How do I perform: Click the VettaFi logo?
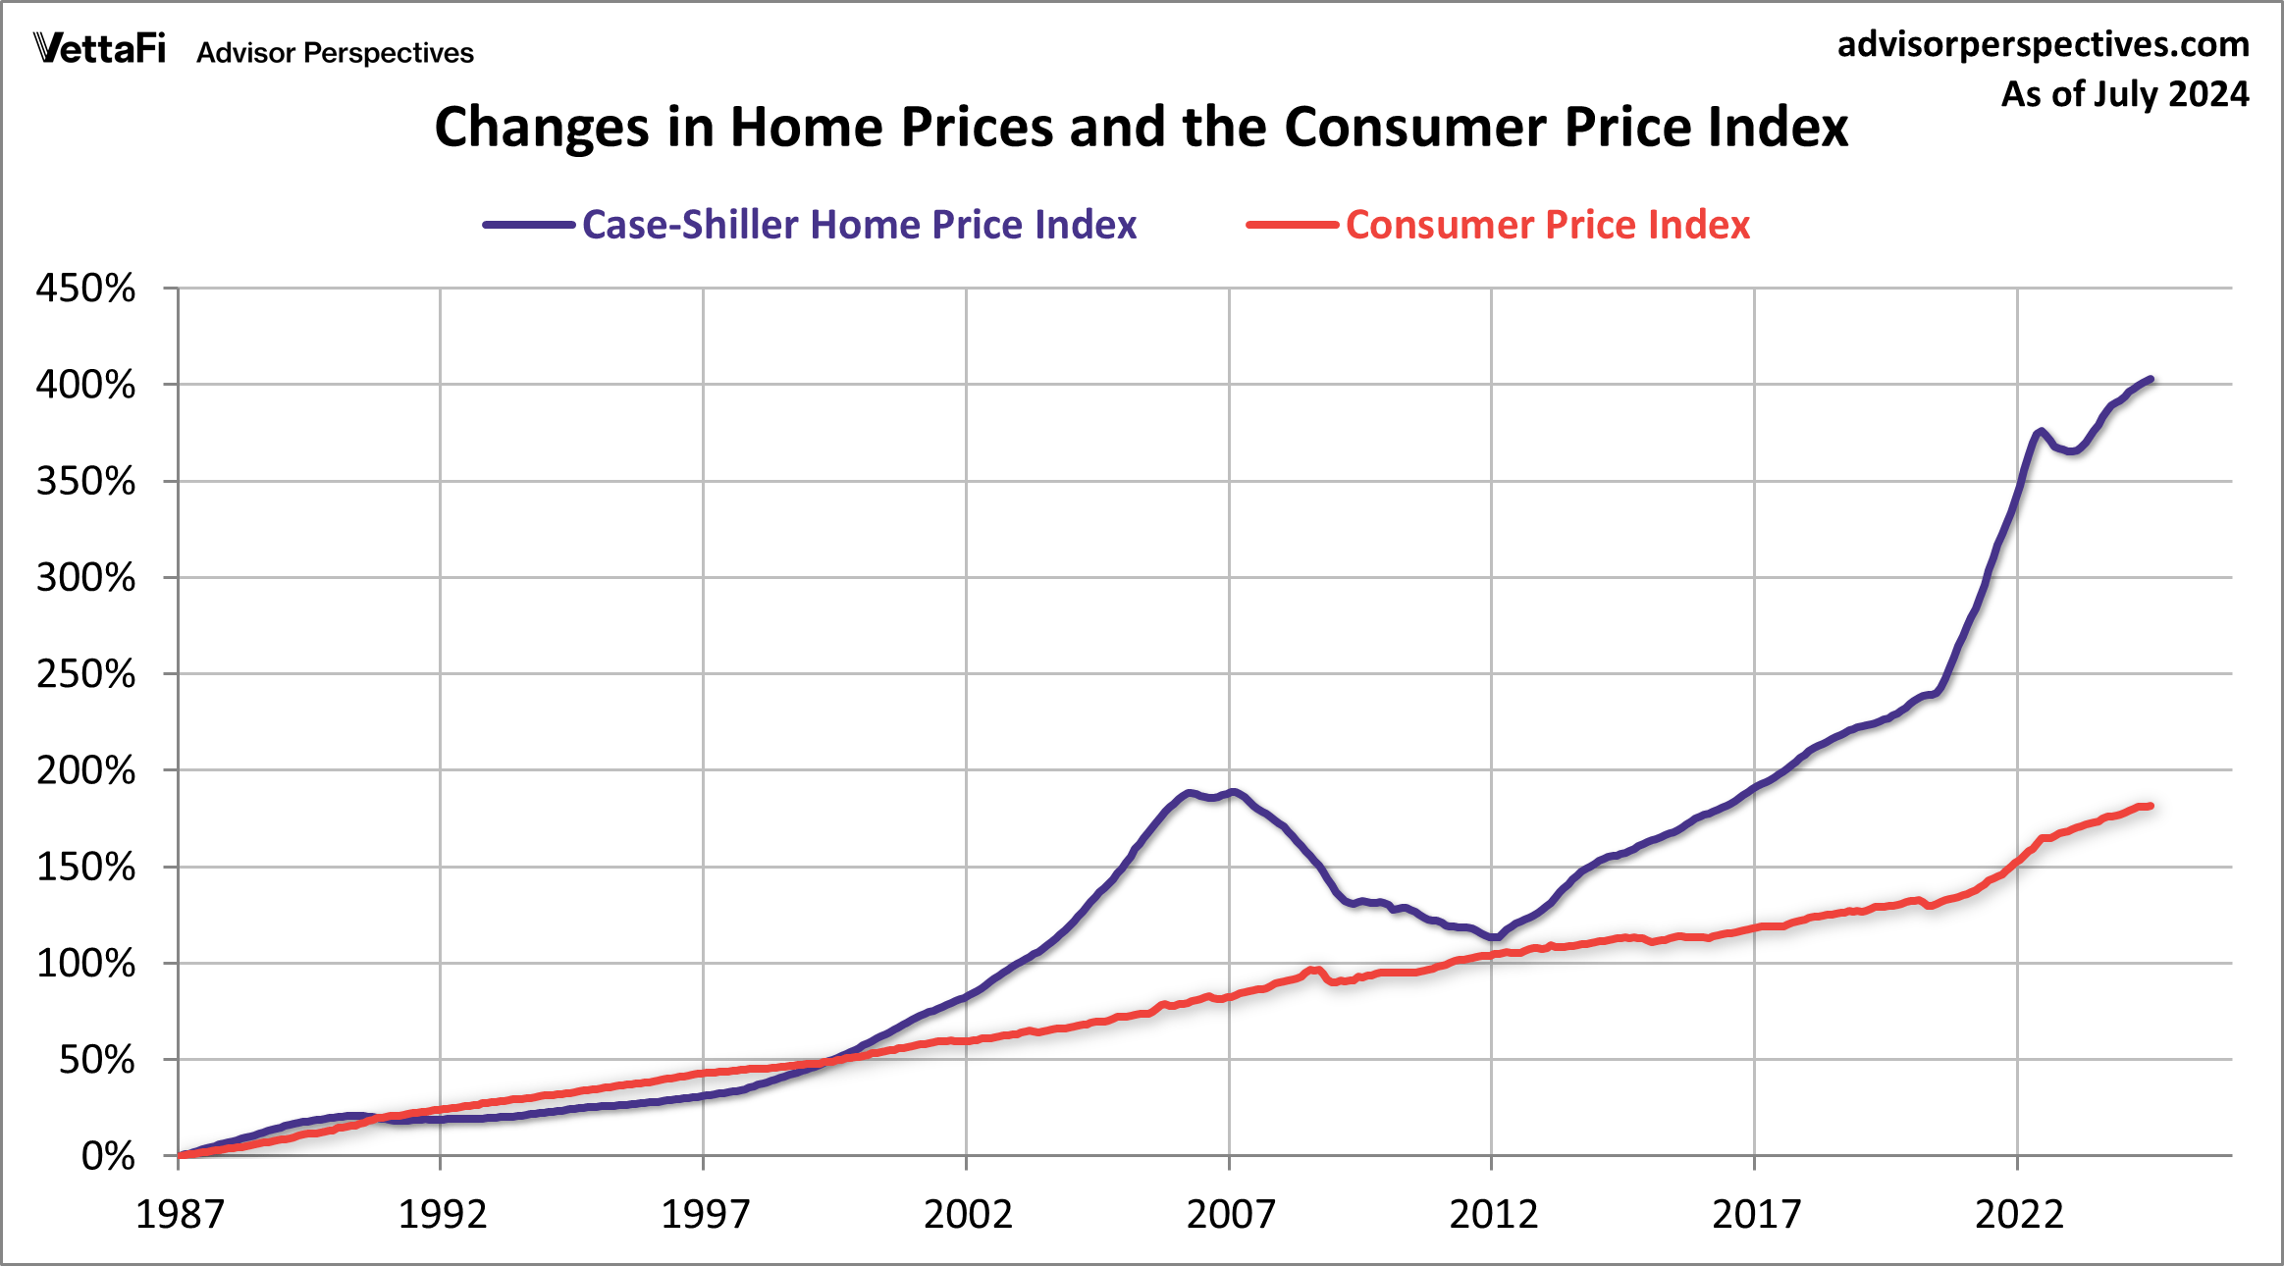click(x=99, y=49)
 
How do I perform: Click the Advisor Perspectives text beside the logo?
click(x=335, y=53)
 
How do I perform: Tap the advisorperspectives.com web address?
click(x=2043, y=45)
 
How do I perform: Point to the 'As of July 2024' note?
click(x=2124, y=94)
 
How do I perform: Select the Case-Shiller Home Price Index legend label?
click(x=859, y=225)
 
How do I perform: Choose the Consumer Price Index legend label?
click(x=1547, y=225)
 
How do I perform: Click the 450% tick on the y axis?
click(x=85, y=289)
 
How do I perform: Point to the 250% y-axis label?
click(x=85, y=674)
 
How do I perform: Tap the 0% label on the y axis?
click(x=107, y=1156)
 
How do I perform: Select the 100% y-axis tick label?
click(x=85, y=964)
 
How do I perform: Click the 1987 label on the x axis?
click(x=180, y=1215)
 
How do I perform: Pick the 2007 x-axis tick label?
click(x=1230, y=1215)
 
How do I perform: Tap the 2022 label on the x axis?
click(x=2019, y=1215)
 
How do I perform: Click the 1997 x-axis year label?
click(x=705, y=1215)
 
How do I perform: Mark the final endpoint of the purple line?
click(x=2151, y=379)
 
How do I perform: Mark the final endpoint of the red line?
click(x=2151, y=806)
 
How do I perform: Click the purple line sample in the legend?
click(x=528, y=225)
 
